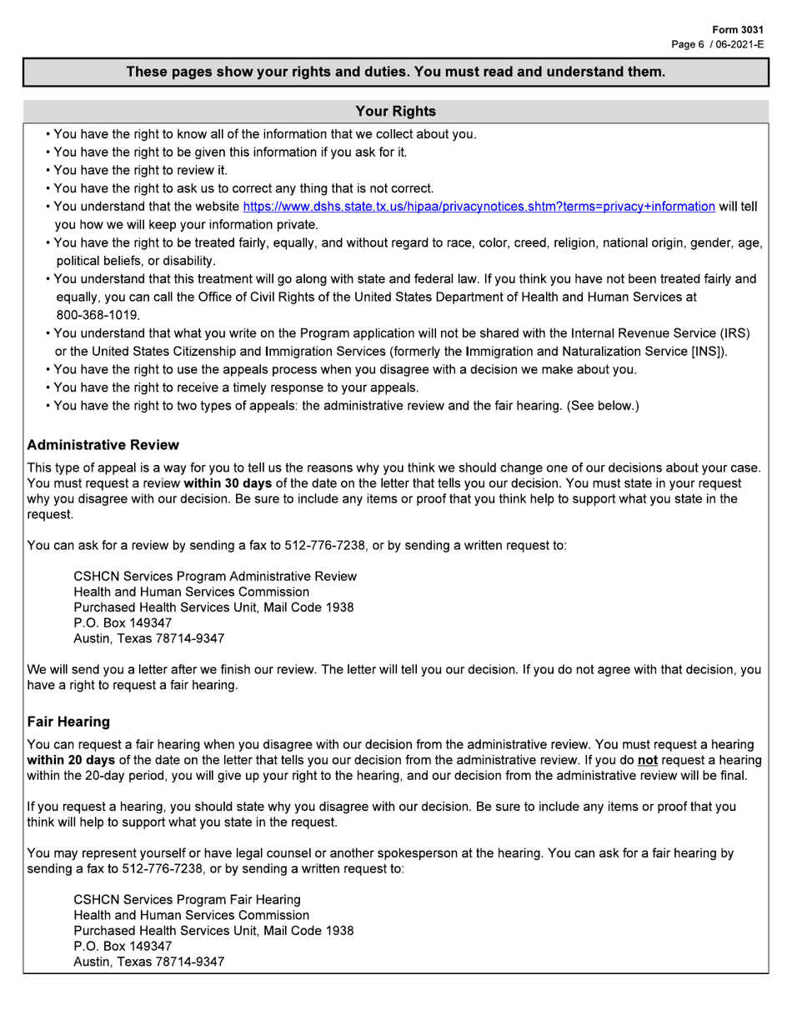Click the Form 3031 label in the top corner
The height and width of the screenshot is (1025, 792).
[738, 30]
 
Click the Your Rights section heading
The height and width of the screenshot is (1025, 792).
[395, 111]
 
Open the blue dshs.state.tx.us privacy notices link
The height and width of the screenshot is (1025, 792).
[479, 207]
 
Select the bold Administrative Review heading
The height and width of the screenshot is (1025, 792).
[103, 445]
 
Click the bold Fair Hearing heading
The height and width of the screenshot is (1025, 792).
[68, 721]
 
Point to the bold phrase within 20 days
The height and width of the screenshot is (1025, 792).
[71, 760]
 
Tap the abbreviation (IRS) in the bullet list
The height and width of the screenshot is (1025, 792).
[734, 333]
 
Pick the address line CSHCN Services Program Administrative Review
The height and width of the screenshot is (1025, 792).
[215, 576]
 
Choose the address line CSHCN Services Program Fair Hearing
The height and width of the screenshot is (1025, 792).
[188, 899]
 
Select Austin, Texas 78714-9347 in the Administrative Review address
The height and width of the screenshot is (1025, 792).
[148, 638]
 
